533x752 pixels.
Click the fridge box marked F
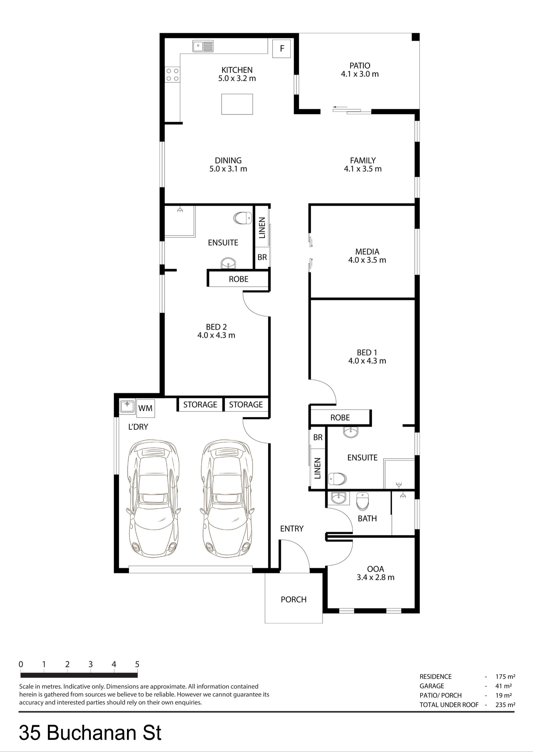[x=282, y=49]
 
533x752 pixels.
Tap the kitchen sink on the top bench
[x=203, y=46]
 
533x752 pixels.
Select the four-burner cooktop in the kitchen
[x=173, y=74]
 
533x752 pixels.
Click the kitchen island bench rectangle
[x=237, y=104]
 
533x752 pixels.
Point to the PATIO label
[x=360, y=66]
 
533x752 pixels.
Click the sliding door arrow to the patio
[x=338, y=107]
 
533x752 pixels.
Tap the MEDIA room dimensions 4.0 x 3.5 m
[x=367, y=260]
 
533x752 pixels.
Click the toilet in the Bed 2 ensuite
[x=243, y=218]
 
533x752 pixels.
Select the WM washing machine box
[x=145, y=408]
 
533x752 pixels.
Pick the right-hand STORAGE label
[x=246, y=404]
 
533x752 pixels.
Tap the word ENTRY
[x=291, y=528]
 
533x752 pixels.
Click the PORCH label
[x=293, y=599]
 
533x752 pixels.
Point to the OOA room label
[x=376, y=569]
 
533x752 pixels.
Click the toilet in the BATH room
[x=363, y=501]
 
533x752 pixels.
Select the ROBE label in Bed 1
[x=340, y=417]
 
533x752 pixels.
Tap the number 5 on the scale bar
[x=137, y=664]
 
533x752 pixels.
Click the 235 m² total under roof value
[x=505, y=704]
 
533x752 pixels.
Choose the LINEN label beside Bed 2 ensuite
[x=262, y=228]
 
